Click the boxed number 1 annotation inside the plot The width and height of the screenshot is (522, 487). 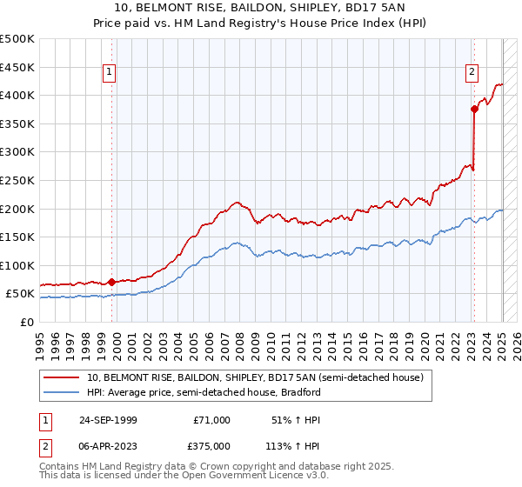point(110,73)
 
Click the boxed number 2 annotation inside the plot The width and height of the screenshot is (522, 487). point(471,73)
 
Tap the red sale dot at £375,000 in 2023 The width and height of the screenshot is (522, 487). point(474,109)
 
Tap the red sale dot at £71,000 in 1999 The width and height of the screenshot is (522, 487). point(112,282)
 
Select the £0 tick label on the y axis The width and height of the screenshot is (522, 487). point(28,322)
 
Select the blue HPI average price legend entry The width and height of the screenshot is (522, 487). point(204,392)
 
